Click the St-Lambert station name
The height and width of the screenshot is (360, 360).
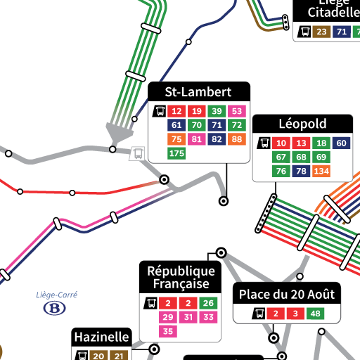point(198,92)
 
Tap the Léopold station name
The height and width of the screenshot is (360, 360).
point(302,124)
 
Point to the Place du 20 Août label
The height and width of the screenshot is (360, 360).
point(287,294)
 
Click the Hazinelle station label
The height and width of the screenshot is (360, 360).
point(102,337)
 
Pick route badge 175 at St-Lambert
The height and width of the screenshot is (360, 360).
point(176,153)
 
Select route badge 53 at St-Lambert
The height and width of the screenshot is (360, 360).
point(237,111)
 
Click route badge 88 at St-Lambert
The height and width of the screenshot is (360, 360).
point(237,139)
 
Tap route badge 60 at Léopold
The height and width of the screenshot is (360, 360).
point(341,143)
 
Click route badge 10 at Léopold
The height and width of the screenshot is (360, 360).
point(281,143)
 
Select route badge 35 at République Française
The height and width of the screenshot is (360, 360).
point(168,331)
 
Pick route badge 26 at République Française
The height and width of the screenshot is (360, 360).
point(208,303)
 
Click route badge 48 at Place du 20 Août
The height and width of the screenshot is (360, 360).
point(316,314)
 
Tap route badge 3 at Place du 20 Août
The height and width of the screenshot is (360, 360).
point(296,314)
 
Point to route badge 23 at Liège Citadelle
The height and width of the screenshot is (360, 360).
point(322,32)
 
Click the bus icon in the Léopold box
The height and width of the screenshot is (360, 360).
point(264,143)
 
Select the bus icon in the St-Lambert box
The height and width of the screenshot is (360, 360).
point(160,111)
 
